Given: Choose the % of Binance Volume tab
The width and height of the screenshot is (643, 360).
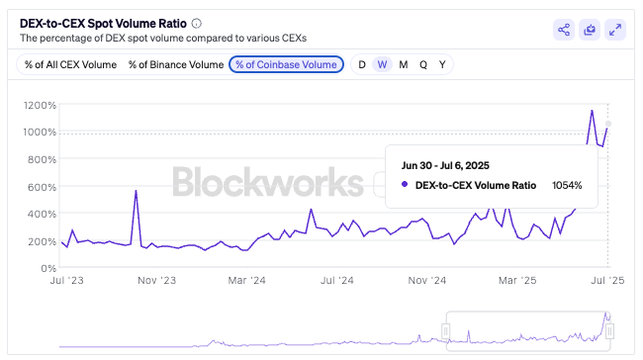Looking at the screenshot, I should (175, 64).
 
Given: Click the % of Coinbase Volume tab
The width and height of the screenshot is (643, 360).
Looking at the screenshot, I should (286, 64).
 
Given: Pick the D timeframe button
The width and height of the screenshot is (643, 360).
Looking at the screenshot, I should (362, 64).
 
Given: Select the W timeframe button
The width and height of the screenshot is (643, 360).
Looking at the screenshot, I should (382, 64).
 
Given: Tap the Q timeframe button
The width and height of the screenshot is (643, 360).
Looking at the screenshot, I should (423, 64).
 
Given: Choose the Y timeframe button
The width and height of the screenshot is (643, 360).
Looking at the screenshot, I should (442, 64).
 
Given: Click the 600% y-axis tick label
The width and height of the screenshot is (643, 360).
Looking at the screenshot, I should (41, 187).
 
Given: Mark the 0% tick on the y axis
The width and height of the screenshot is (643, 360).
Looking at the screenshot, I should (46, 268).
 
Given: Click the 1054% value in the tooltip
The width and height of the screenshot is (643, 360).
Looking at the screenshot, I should (567, 184).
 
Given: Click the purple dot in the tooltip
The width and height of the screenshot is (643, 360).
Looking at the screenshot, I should (406, 184).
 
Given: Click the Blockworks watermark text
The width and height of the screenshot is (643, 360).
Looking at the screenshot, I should (267, 183).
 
